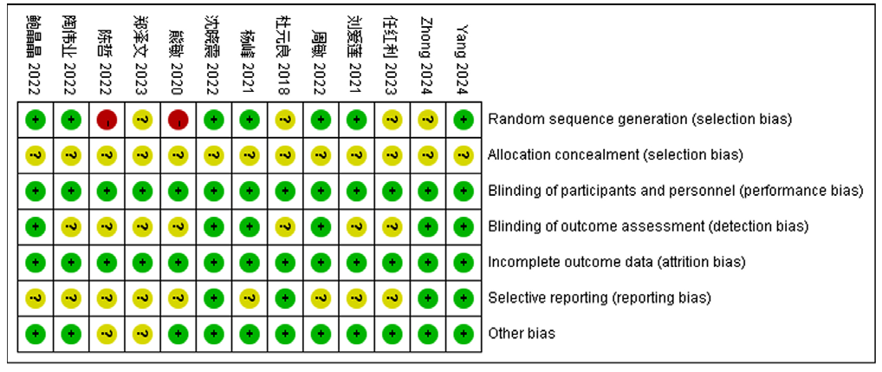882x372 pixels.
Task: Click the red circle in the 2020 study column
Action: tap(178, 120)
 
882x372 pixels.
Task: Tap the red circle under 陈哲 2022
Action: tap(107, 120)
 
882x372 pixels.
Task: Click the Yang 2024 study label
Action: tap(463, 58)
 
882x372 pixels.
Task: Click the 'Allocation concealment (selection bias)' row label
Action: tap(616, 154)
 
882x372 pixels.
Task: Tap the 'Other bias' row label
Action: tap(522, 333)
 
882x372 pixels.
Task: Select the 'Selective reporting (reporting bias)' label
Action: tap(600, 297)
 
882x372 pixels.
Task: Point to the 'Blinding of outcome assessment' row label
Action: tap(648, 226)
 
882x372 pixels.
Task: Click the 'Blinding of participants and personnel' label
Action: tap(676, 191)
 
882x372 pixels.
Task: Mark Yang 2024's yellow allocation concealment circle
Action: tap(464, 155)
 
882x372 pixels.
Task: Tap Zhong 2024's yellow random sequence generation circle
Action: tap(427, 120)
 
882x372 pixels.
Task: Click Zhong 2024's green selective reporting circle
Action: tap(427, 297)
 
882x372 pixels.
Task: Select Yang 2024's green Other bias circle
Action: tap(464, 333)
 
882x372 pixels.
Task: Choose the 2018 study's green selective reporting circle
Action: tap(285, 297)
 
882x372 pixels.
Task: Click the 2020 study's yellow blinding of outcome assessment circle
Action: tap(178, 226)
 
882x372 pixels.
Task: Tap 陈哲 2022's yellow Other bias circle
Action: tap(107, 333)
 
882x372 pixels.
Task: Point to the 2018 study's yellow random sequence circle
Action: tap(285, 120)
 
